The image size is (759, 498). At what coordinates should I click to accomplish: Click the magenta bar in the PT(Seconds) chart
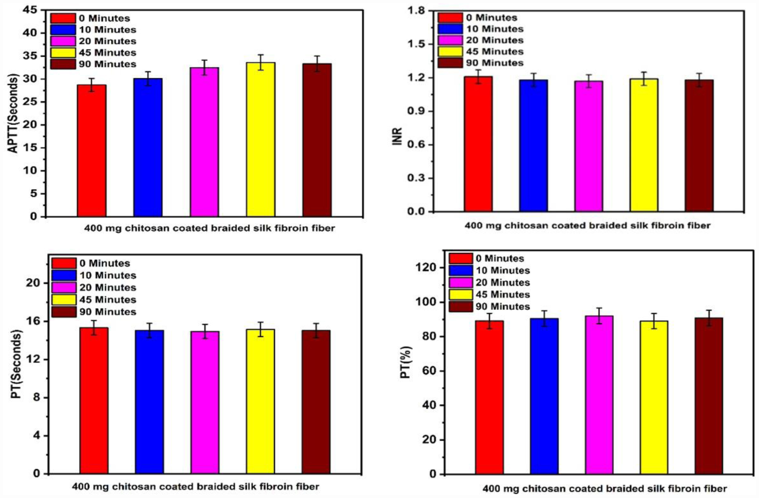205,402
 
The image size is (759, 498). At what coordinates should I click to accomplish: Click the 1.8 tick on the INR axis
416,10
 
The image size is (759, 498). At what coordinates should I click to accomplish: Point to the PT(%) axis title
406,362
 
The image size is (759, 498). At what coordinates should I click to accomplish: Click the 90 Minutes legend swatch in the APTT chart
63,64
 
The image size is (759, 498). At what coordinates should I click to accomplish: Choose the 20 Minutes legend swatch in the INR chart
450,40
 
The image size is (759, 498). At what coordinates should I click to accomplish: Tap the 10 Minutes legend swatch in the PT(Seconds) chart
64,276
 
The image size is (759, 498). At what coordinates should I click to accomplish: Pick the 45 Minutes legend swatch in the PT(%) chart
460,294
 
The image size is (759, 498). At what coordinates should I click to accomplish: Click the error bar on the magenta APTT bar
204,67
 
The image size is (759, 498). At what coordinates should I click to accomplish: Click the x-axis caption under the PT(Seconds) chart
195,486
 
